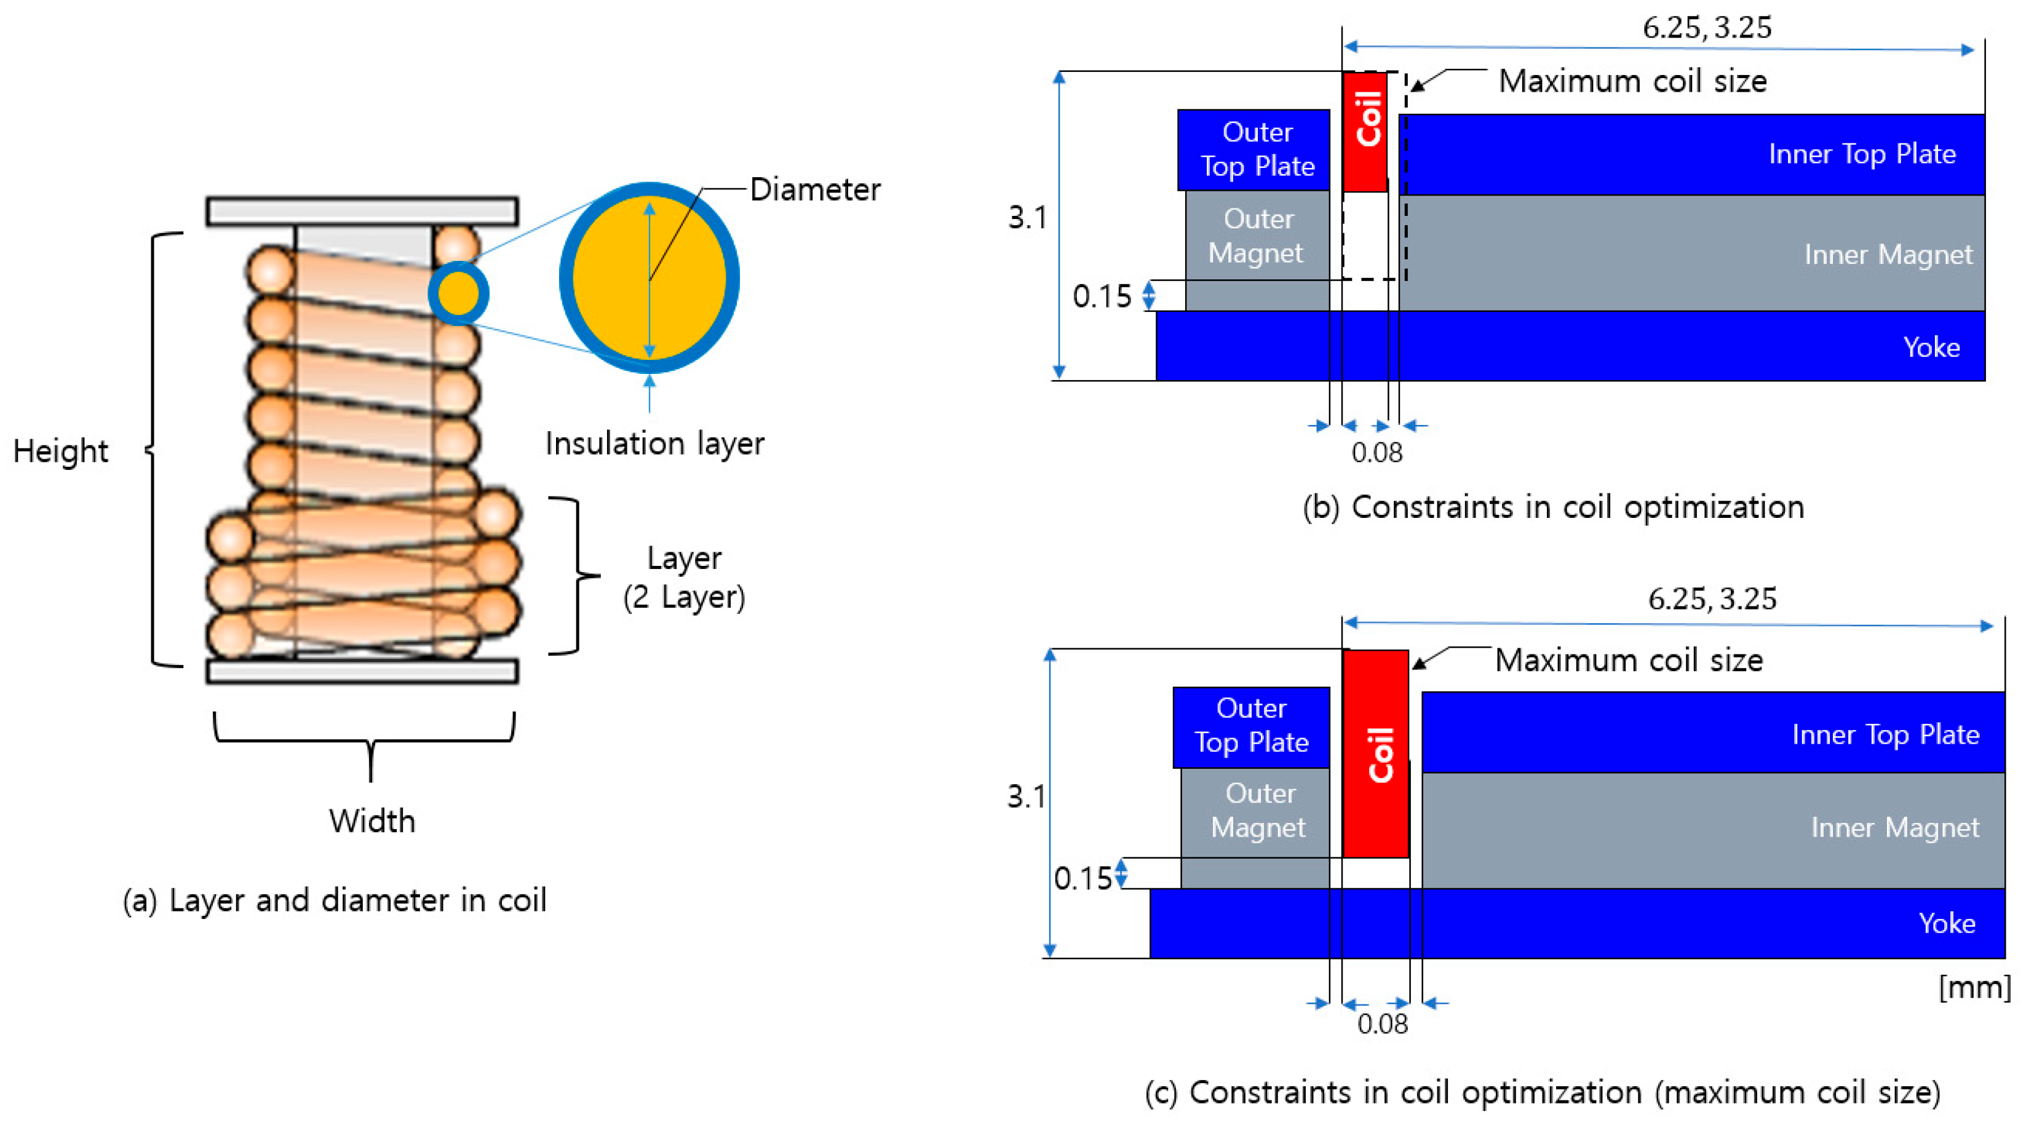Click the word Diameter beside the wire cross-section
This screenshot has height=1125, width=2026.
pos(815,189)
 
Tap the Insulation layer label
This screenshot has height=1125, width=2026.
pos(654,443)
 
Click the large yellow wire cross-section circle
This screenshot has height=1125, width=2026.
pos(650,277)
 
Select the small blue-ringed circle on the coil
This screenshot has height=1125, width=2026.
pos(458,293)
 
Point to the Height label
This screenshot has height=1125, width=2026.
pos(60,451)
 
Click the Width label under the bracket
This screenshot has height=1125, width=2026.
pos(372,821)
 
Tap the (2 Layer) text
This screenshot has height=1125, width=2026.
pos(683,597)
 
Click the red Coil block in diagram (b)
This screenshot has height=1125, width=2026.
pos(1365,132)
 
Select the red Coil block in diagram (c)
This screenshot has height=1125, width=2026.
pos(1375,753)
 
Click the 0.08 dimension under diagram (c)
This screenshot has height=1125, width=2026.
pos(1382,1024)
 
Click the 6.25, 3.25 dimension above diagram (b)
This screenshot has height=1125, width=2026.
pos(1707,28)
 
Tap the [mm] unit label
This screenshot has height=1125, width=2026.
pos(1974,987)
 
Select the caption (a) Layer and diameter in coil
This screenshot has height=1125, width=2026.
pos(334,900)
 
